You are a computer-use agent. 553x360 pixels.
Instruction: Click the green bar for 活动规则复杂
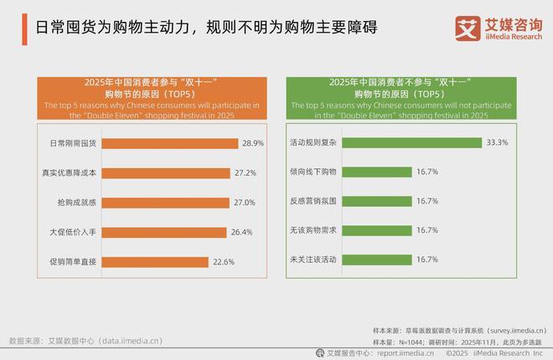tap(410, 143)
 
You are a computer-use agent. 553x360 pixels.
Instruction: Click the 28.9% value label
tap(254, 143)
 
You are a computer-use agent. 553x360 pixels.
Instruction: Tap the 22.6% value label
tap(224, 261)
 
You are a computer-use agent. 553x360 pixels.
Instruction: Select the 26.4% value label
tap(242, 232)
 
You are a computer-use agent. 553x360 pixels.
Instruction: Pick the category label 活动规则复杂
tap(312, 143)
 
